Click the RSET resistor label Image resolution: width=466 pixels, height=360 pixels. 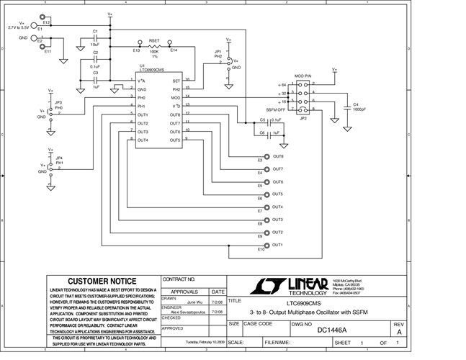pos(154,41)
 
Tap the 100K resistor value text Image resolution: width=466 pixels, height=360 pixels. pos(154,52)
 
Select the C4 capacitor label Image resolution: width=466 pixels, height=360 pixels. pos(357,104)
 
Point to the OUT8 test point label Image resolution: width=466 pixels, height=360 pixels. pos(278,156)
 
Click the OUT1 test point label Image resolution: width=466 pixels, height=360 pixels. pos(278,245)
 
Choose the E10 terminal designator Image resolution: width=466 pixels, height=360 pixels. pos(261,250)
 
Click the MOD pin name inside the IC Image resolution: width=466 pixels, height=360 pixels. pos(176,97)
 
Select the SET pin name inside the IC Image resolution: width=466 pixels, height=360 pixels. pos(176,81)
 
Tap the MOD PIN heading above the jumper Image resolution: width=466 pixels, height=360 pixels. pos(303,76)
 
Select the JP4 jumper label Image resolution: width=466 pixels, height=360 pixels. pos(59,158)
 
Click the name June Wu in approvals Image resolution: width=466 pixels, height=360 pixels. pos(196,303)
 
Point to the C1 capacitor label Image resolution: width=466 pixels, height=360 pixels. pos(95,31)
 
